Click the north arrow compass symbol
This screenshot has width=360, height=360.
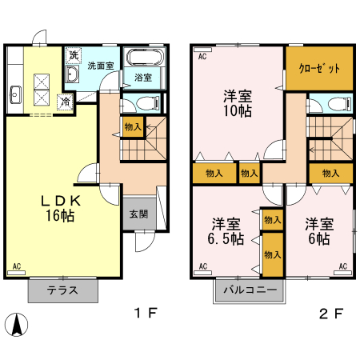point(17,324)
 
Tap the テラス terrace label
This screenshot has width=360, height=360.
point(62,290)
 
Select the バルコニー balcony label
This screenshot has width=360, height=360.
point(250,290)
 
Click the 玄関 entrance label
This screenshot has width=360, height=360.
point(138,214)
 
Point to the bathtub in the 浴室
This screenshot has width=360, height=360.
point(145,57)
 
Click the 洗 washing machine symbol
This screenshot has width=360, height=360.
point(74,56)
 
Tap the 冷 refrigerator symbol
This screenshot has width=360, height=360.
point(66,102)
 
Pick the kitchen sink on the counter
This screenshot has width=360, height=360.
point(15,94)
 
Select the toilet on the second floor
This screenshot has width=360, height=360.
point(339,104)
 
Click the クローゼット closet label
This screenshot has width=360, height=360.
point(319,69)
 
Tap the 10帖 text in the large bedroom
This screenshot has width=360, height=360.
point(238,110)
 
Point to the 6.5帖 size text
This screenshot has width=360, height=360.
point(226,238)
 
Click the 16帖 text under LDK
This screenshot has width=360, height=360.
point(60,215)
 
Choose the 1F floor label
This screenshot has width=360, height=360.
point(146,313)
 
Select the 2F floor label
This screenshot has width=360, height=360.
point(330,314)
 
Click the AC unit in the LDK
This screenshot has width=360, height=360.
point(17,273)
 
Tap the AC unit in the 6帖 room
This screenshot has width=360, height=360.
point(343,273)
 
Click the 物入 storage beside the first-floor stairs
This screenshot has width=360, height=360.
point(133,126)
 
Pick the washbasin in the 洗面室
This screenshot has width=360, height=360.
point(72,74)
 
